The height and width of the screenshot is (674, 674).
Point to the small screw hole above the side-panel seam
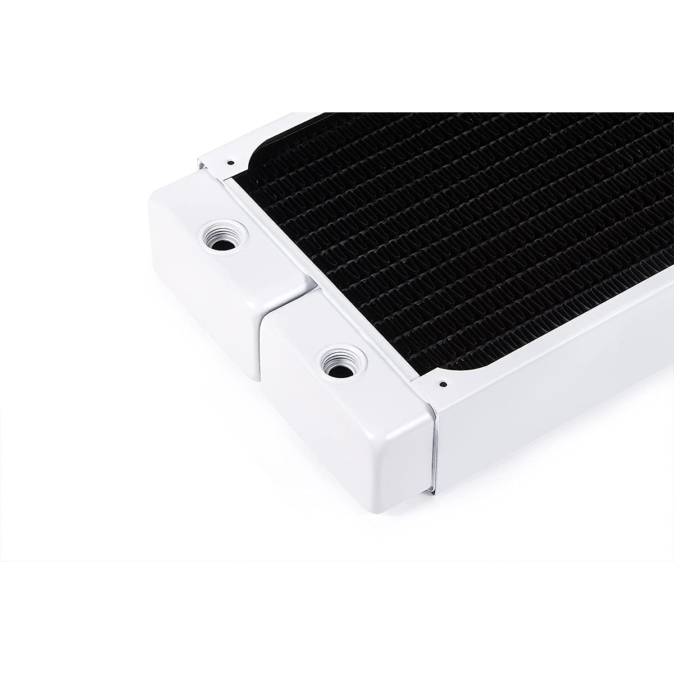443,385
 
